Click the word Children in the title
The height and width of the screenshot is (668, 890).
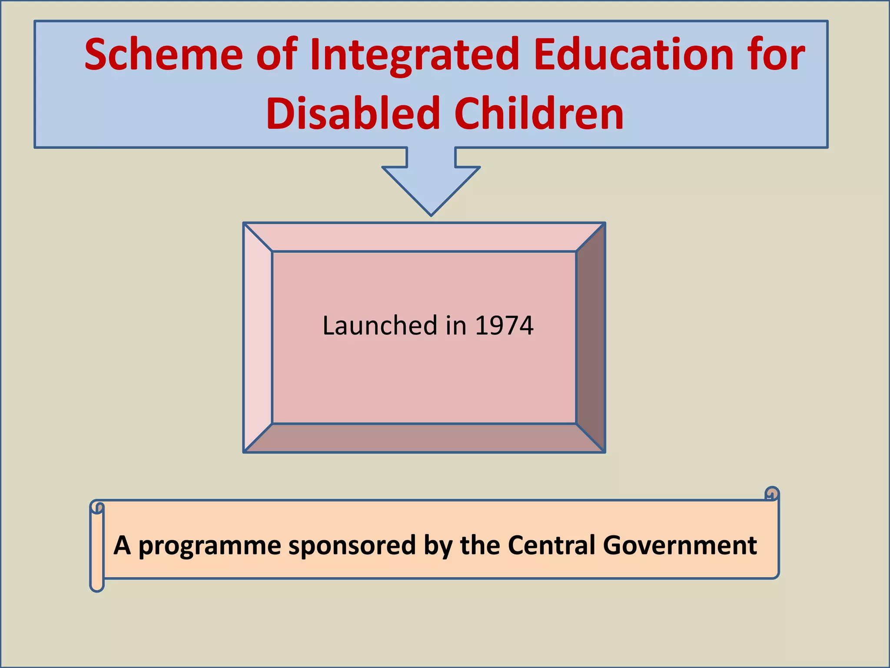click(x=539, y=114)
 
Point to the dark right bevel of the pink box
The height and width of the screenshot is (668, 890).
click(x=591, y=337)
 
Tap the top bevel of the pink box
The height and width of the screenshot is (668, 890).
click(x=424, y=237)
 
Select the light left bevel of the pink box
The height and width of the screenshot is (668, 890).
click(x=258, y=337)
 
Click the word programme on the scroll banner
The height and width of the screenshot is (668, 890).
click(x=210, y=545)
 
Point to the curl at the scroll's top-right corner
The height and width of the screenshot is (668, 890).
click(x=771, y=494)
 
